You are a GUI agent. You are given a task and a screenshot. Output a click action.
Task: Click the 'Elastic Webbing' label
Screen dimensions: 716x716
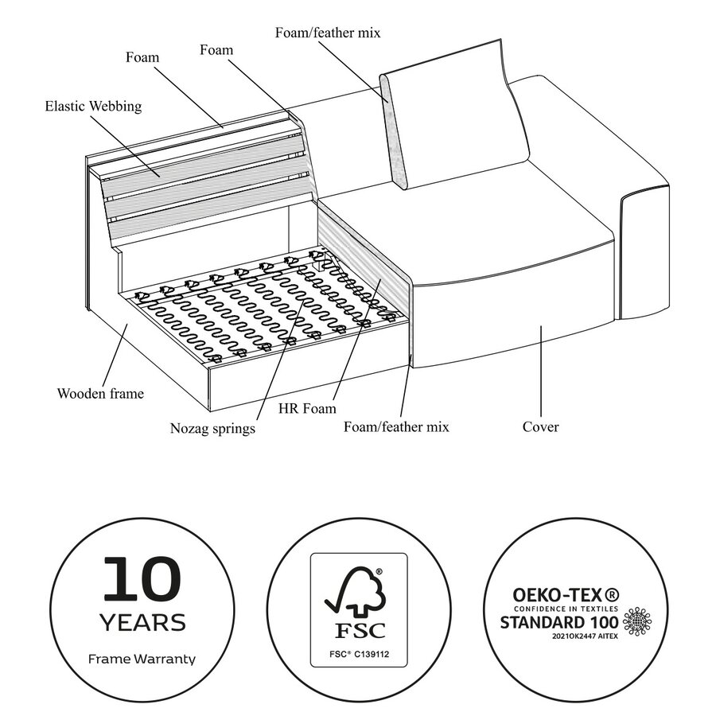tap(93, 106)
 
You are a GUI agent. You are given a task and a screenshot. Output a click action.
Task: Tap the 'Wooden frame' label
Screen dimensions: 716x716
tap(100, 393)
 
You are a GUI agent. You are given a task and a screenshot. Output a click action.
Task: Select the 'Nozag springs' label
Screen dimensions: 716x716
tap(212, 428)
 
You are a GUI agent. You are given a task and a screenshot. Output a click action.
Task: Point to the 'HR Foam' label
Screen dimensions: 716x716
tap(307, 408)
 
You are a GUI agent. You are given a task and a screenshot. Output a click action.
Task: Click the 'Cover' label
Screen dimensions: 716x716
tap(541, 427)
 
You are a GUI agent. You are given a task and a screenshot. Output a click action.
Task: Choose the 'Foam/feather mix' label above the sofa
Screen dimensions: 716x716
tap(328, 33)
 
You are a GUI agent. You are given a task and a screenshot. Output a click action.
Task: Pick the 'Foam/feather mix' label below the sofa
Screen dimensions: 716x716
tap(396, 427)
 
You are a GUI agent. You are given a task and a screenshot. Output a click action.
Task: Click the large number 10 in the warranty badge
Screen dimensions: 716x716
tap(142, 578)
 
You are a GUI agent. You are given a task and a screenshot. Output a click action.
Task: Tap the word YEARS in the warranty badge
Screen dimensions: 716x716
tap(142, 623)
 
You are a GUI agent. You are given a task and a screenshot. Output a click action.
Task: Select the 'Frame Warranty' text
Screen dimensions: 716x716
tap(142, 659)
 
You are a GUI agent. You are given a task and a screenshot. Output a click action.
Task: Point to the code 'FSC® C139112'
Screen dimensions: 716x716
tap(359, 655)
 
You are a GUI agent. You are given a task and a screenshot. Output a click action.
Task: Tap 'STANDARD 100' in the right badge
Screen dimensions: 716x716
tap(559, 622)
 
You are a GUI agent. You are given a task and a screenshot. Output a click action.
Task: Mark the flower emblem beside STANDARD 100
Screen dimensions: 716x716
tap(637, 622)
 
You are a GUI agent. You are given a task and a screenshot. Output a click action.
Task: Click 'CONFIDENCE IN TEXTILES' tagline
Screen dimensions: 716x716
tap(566, 609)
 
